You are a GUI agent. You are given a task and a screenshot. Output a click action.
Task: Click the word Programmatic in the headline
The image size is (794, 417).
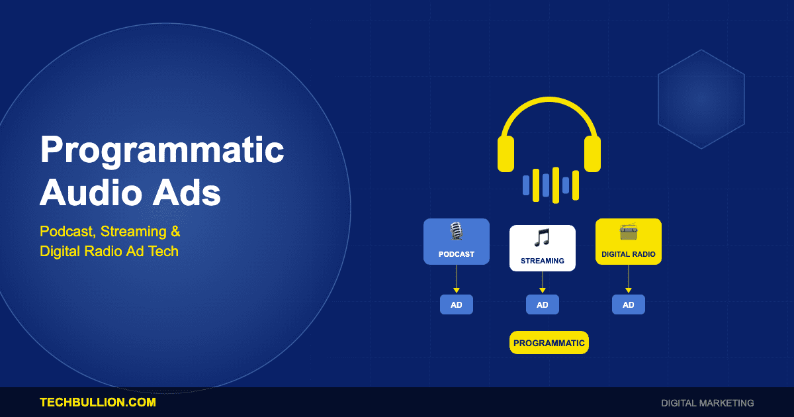click(162, 151)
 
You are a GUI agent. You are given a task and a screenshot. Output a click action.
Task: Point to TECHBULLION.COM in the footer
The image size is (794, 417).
click(98, 402)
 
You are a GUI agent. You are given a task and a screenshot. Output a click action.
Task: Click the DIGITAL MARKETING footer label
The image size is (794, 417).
click(707, 403)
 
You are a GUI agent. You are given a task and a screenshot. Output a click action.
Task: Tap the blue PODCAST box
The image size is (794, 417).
click(457, 242)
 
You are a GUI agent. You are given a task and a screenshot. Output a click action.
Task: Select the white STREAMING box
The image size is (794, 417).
click(543, 248)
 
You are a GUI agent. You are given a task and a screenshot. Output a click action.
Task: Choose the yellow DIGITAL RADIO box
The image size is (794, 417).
click(629, 242)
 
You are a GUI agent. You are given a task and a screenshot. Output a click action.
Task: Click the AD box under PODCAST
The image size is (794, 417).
click(457, 304)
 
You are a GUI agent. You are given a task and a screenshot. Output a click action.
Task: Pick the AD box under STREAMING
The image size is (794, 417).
click(543, 304)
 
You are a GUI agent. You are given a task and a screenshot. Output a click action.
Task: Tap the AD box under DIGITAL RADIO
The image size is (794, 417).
click(629, 304)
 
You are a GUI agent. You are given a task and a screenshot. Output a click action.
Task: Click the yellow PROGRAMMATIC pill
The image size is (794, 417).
click(549, 343)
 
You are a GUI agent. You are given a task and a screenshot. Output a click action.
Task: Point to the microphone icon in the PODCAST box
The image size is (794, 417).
click(456, 231)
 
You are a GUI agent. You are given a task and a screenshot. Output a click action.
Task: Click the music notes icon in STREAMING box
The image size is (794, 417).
click(543, 238)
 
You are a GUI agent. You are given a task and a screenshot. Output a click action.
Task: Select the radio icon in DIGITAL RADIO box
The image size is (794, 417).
click(629, 232)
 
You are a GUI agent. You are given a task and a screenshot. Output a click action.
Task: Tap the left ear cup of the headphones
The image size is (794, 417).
click(506, 154)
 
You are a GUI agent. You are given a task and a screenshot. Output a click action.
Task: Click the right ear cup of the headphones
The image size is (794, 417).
click(592, 154)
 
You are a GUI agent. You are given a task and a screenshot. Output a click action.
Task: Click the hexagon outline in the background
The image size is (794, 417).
click(701, 99)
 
